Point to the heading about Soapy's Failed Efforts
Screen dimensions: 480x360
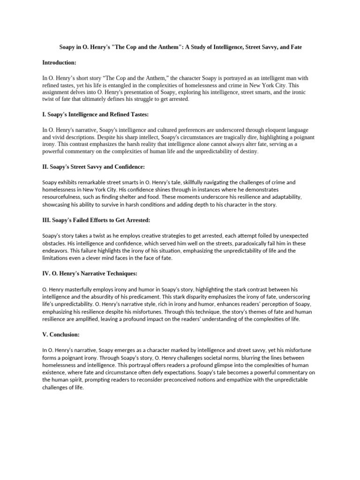(96, 220)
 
